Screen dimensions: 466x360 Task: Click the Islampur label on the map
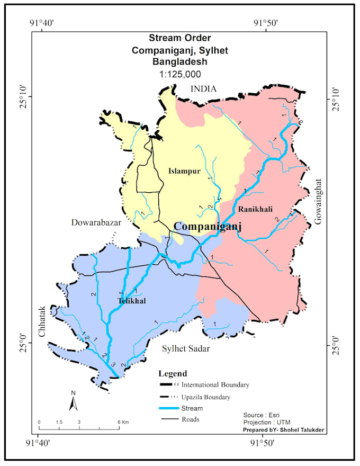(x=184, y=171)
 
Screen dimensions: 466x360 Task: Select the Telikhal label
(x=131, y=301)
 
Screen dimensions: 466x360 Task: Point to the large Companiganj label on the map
(x=208, y=227)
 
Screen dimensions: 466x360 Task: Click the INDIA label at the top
(x=204, y=89)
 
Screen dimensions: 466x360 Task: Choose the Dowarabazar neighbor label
(x=96, y=223)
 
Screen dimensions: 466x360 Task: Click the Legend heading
(x=173, y=373)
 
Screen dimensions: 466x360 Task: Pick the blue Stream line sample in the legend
(x=173, y=408)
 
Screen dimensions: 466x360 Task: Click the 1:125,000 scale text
(x=179, y=74)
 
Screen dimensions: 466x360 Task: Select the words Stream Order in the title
(x=179, y=38)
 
